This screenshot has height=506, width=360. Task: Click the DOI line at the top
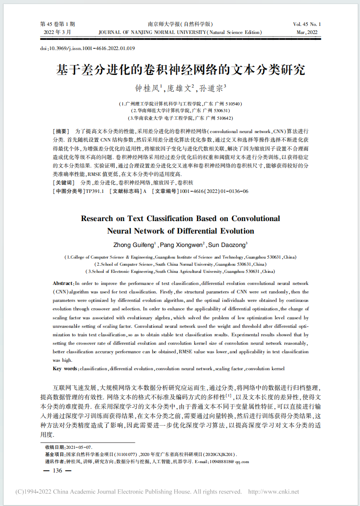pos(88,48)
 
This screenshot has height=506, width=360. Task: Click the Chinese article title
pos(180,70)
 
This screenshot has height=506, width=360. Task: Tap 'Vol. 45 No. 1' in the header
pos(307,24)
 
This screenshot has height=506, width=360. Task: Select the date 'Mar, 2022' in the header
pos(308,33)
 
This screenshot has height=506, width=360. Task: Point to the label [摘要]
pos(61,132)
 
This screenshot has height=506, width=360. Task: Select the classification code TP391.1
pos(94,191)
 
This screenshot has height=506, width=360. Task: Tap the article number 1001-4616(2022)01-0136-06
pos(213,191)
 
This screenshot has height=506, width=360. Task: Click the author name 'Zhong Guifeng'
pos(134,244)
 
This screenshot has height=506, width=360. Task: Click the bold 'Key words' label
pos(65,368)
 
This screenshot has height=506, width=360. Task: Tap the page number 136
pos(58,471)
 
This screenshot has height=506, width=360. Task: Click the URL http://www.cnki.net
pos(273,492)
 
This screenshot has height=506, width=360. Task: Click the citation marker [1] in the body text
pos(228,395)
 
